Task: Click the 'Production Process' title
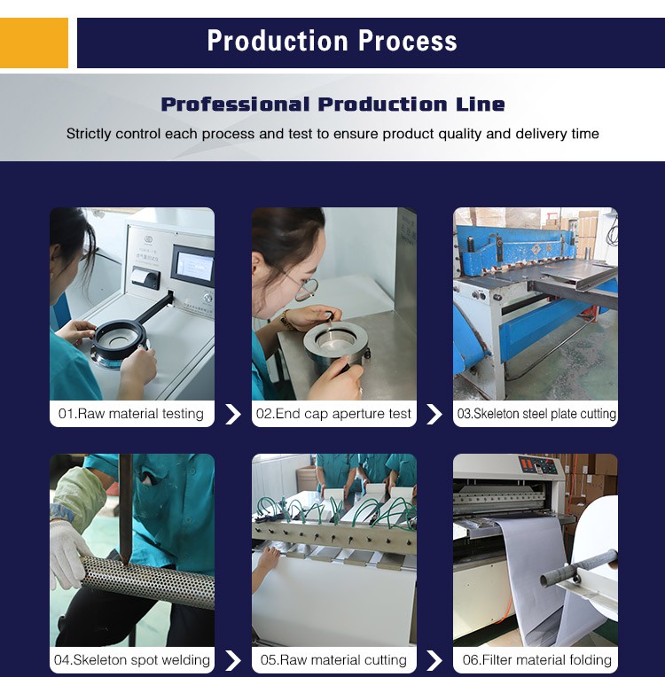coord(332,42)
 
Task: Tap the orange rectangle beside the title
coord(34,43)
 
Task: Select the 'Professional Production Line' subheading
coord(332,105)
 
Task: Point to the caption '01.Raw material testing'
coord(131,414)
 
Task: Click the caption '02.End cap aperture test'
coord(333,414)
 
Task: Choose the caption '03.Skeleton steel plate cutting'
coord(536,414)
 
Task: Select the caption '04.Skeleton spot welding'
coord(131,660)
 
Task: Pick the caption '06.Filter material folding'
coord(536,660)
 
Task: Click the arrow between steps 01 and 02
coord(233,414)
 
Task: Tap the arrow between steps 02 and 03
coord(434,414)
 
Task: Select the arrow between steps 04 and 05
coord(233,660)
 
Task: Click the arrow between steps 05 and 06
coord(434,660)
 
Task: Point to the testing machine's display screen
coord(192,263)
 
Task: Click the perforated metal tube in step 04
coord(146,582)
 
